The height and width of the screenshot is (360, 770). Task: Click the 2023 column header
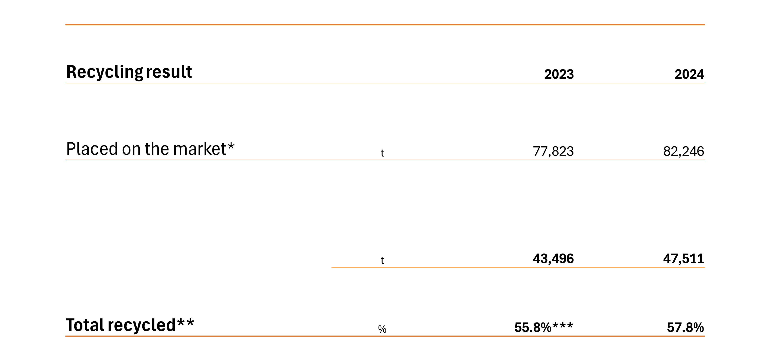click(x=559, y=74)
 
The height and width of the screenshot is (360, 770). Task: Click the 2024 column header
click(x=689, y=74)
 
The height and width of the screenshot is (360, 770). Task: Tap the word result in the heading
click(x=169, y=72)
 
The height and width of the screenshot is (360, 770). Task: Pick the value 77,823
click(x=553, y=151)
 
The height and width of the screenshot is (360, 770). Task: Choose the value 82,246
click(x=684, y=151)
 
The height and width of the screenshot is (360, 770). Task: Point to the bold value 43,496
click(x=553, y=259)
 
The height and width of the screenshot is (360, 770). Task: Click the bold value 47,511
click(x=684, y=259)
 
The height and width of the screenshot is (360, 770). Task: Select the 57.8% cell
click(x=685, y=327)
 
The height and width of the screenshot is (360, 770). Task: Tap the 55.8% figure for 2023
click(x=533, y=327)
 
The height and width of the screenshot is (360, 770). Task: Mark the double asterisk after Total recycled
click(x=186, y=322)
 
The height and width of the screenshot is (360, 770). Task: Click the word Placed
click(x=92, y=149)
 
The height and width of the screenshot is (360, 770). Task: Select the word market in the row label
click(x=199, y=149)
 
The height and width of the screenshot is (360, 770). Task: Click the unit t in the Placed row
click(x=382, y=153)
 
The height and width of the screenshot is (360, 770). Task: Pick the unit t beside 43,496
click(x=382, y=260)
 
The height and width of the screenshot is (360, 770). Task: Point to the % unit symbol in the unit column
click(x=382, y=329)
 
